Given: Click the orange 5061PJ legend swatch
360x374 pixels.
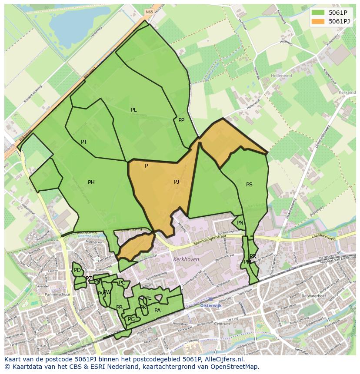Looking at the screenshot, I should tap(318, 21).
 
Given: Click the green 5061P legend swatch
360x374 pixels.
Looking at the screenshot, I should tap(318, 12).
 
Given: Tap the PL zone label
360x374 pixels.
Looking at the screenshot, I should tap(134, 110).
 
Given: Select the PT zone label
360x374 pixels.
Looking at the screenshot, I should tap(84, 142).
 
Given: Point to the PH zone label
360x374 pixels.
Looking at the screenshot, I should tap(91, 182).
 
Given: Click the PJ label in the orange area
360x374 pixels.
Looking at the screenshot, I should tap(177, 182).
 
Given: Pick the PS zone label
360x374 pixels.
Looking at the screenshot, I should tap(249, 185).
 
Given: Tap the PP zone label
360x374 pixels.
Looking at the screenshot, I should tap(181, 120).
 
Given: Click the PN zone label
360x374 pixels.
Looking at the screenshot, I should tap(240, 223).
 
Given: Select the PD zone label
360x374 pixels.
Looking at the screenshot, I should tap(77, 270).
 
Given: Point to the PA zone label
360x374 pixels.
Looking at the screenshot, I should tap(157, 311).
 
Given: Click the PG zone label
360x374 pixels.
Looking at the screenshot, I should tap(131, 319).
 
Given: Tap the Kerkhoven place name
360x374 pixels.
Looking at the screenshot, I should tap(186, 259).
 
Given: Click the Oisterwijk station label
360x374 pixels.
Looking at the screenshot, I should tap(211, 305).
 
